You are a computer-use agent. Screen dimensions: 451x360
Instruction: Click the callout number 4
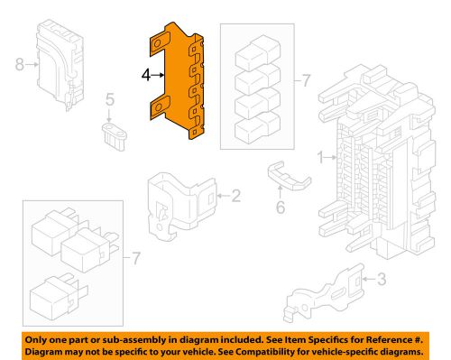(x=146, y=75)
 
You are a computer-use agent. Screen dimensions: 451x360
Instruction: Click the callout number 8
(x=20, y=64)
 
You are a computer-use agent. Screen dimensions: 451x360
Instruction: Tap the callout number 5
(x=110, y=99)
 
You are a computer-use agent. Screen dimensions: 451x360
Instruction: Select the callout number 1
(x=320, y=157)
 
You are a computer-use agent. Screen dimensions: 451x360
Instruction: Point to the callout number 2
(x=236, y=196)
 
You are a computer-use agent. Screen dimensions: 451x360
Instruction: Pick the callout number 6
(x=281, y=208)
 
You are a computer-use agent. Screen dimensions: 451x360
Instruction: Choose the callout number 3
(x=382, y=279)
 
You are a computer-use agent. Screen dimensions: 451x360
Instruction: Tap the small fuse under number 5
(x=115, y=136)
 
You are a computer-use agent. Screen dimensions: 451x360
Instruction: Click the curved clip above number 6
(x=290, y=178)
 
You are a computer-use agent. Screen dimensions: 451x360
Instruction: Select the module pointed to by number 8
(x=60, y=65)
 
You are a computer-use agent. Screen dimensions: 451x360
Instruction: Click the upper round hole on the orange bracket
(x=157, y=44)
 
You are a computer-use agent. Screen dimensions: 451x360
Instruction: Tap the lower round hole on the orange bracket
(x=157, y=106)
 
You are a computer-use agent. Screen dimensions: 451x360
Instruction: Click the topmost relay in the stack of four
(x=258, y=53)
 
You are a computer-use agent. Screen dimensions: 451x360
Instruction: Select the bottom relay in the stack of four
(x=258, y=128)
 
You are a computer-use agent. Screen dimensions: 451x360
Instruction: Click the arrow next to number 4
(x=158, y=75)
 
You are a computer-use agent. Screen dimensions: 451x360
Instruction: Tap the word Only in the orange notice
(x=36, y=340)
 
